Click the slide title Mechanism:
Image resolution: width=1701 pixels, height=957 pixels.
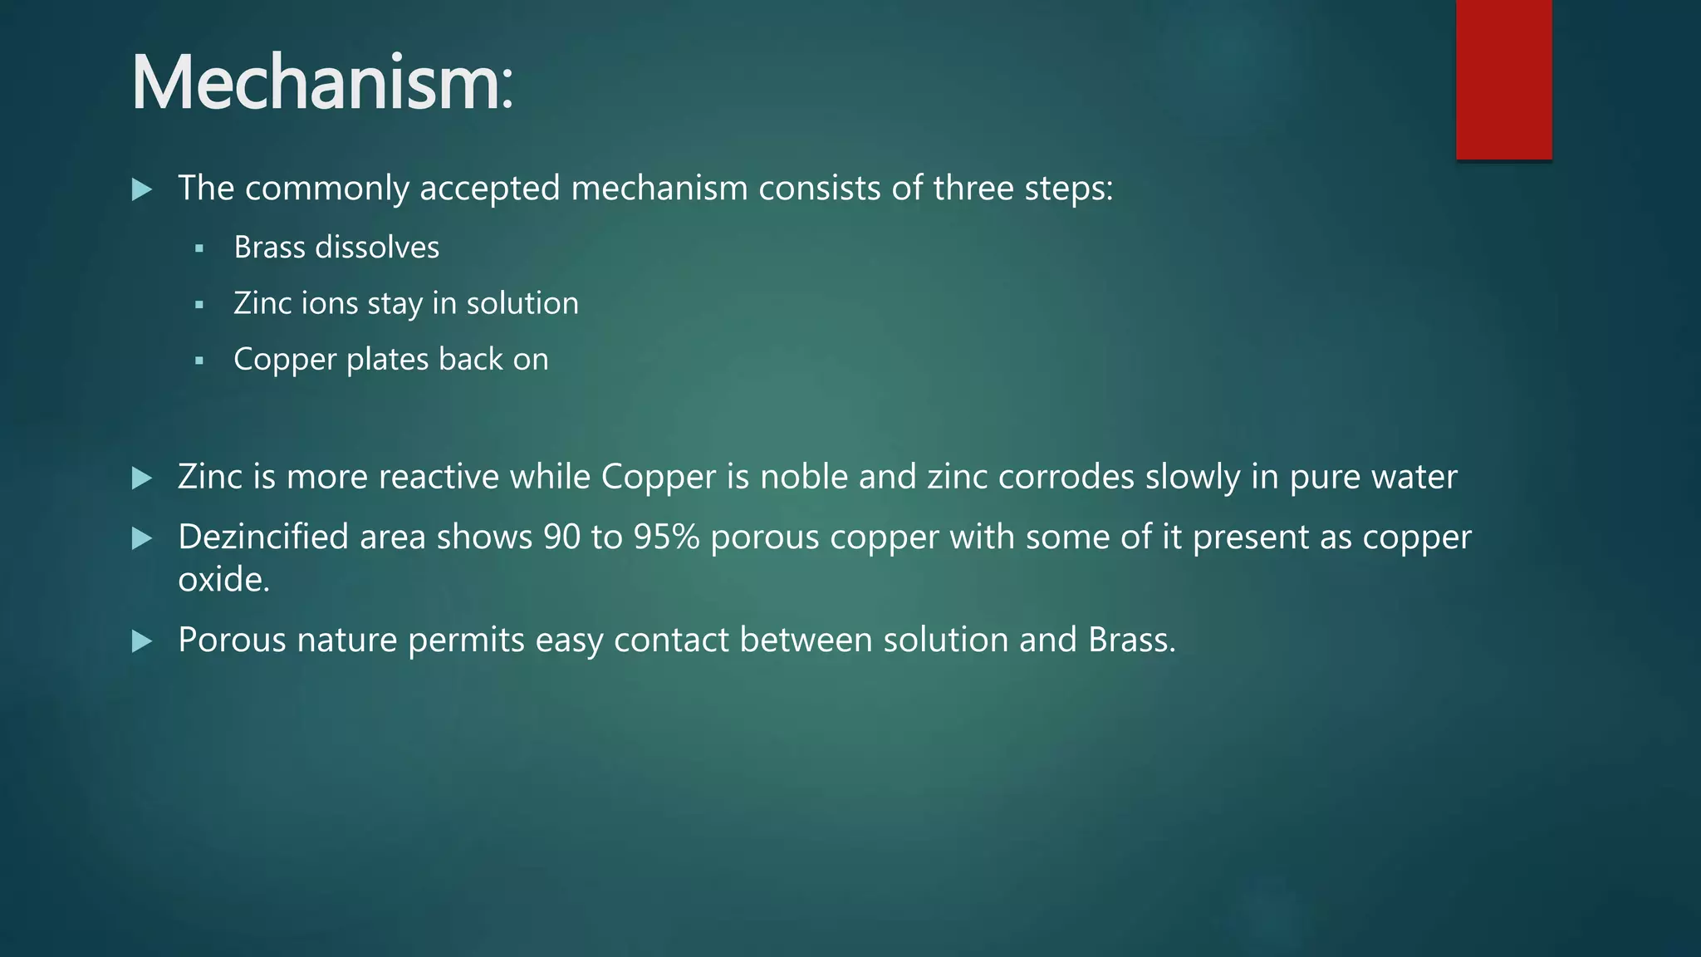pyautogui.click(x=322, y=83)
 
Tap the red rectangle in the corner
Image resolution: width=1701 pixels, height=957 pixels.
pyautogui.click(x=1503, y=79)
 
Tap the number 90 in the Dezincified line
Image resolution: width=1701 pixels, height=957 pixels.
pyautogui.click(x=561, y=537)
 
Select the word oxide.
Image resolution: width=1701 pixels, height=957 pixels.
pyautogui.click(x=223, y=580)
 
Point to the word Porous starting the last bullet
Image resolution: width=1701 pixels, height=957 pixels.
pyautogui.click(x=232, y=640)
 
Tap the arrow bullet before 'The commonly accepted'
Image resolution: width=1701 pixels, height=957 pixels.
pyautogui.click(x=142, y=189)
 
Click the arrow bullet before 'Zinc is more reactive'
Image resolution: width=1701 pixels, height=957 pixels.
pyautogui.click(x=142, y=478)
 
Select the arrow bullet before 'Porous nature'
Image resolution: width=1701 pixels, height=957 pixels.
pyautogui.click(x=142, y=640)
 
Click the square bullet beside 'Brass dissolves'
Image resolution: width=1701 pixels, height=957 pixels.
pyautogui.click(x=199, y=248)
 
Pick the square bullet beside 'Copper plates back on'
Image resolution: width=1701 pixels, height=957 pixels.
pyautogui.click(x=199, y=361)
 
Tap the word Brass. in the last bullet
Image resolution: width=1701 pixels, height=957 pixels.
pyautogui.click(x=1132, y=640)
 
